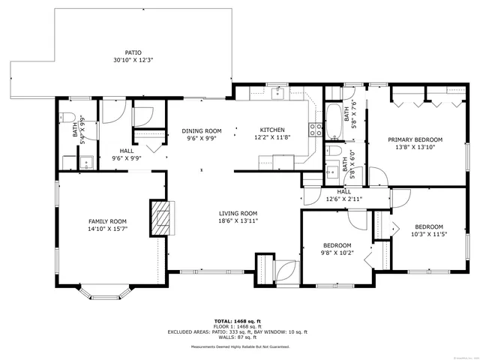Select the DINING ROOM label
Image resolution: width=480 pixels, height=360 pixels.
202,130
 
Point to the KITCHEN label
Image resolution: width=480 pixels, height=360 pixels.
272,130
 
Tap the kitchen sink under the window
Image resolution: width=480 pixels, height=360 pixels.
279,94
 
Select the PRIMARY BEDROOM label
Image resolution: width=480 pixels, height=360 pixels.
415,139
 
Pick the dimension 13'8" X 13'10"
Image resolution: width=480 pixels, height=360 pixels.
415,148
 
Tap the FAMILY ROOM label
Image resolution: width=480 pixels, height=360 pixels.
107,221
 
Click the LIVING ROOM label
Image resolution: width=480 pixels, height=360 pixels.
238,213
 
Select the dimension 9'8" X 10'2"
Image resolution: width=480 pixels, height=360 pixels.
337,253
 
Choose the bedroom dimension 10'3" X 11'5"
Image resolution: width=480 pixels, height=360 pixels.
429,234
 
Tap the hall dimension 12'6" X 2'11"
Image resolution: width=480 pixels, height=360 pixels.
343,199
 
